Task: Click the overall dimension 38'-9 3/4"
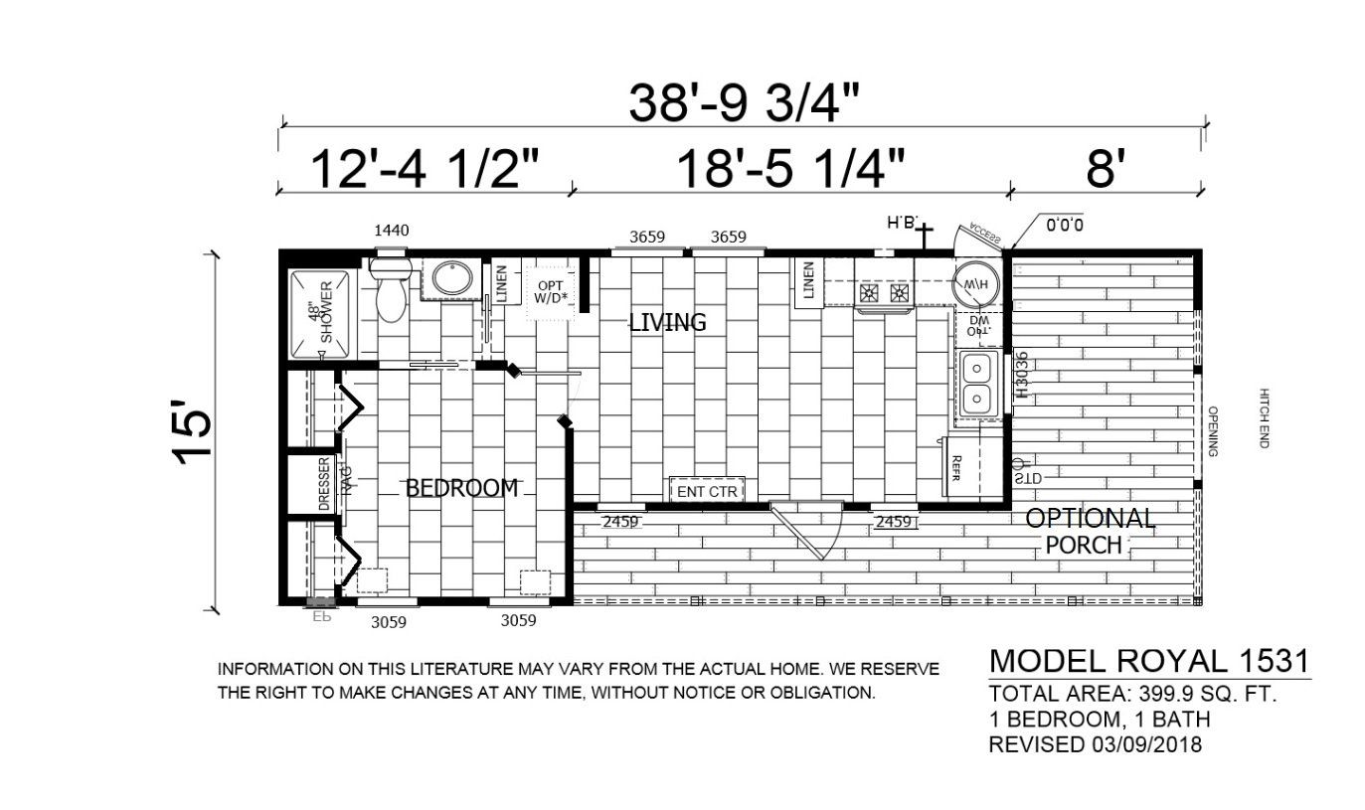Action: [744, 102]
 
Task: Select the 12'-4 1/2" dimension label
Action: [425, 169]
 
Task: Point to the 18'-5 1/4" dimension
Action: [791, 169]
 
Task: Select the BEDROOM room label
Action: [461, 488]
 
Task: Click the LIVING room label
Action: [667, 322]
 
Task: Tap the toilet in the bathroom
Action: [391, 293]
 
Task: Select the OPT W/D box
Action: [550, 290]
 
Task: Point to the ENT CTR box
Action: [707, 491]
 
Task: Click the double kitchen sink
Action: [977, 384]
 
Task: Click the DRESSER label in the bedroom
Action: [324, 484]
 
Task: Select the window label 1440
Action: [392, 231]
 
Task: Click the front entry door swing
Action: [807, 529]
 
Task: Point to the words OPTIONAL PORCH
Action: [1090, 531]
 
